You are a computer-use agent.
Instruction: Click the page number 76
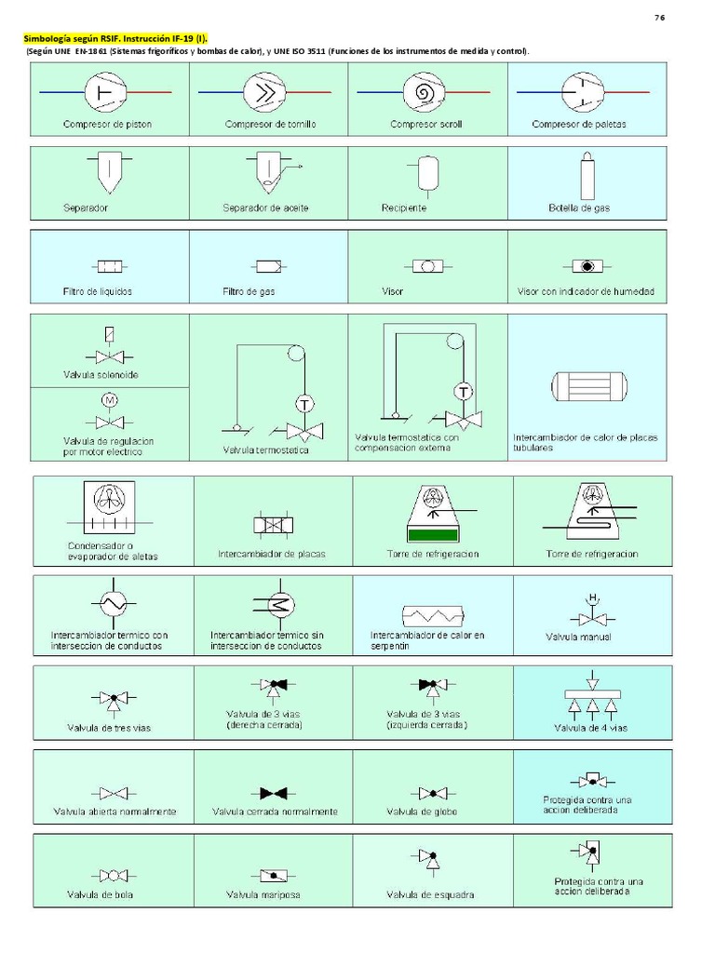tap(660, 18)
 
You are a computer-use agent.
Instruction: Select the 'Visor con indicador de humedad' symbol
tap(587, 266)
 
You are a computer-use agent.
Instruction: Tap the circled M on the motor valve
tap(109, 400)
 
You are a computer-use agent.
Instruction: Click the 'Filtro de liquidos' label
tap(98, 291)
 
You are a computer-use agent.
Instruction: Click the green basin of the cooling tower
tap(434, 534)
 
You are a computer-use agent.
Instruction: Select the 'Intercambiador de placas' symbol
tap(273, 525)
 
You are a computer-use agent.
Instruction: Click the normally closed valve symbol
tap(274, 793)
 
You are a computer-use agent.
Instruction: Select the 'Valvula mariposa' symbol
tap(274, 875)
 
